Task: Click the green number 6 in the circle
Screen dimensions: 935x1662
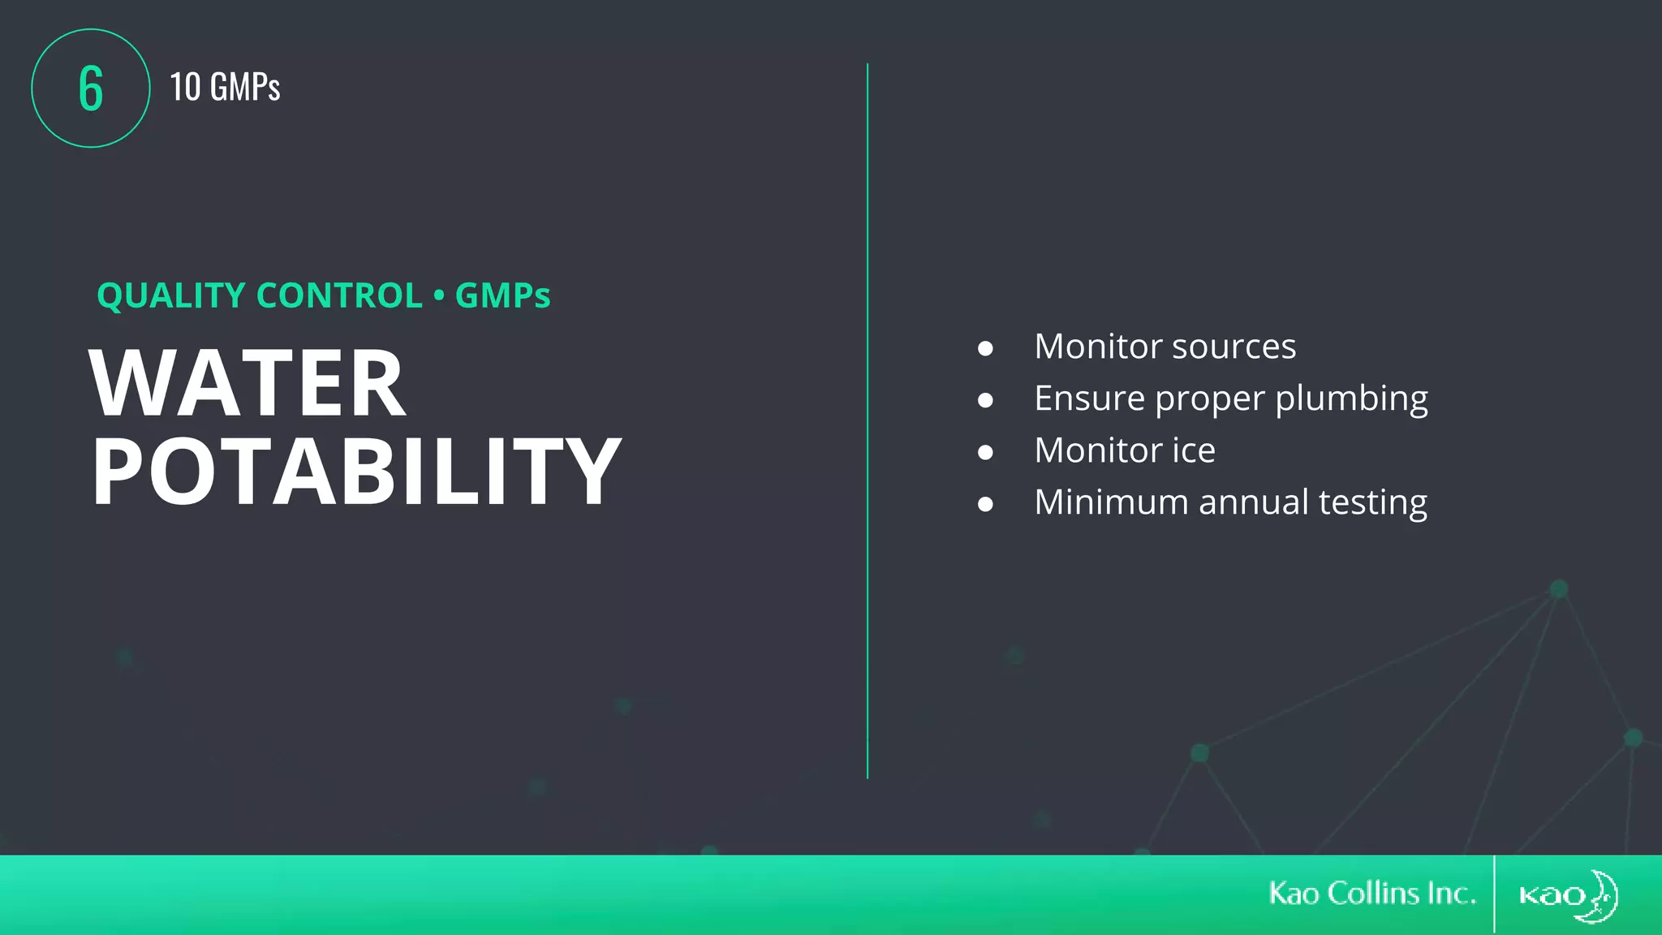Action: click(x=91, y=88)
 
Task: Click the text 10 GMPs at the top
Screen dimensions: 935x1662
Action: click(x=225, y=88)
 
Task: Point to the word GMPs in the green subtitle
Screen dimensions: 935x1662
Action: click(x=502, y=295)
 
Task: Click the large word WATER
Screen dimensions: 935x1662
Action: click(x=248, y=384)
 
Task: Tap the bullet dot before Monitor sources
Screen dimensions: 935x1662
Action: click(x=985, y=348)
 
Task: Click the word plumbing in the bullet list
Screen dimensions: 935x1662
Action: click(x=1351, y=399)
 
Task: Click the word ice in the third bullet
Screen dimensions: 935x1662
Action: click(x=1193, y=450)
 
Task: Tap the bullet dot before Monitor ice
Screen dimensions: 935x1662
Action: click(x=985, y=452)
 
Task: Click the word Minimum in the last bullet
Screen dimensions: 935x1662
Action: click(x=1111, y=502)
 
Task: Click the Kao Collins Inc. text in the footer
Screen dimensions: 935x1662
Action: click(x=1371, y=894)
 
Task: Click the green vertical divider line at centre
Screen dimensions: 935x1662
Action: click(x=868, y=422)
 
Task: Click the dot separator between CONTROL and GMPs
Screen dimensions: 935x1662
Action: click(x=439, y=295)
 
